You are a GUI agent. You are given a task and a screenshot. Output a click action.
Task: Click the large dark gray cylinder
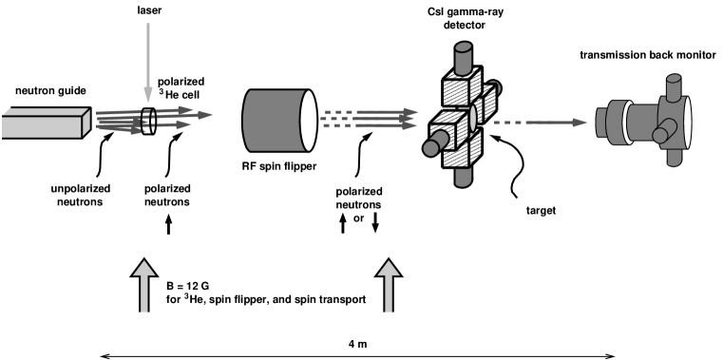[x=273, y=121]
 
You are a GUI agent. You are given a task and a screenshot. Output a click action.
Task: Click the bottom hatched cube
[x=463, y=152]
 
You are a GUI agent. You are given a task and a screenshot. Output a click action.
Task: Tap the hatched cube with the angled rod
[x=447, y=130]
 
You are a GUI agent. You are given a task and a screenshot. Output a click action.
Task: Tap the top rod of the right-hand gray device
[x=674, y=86]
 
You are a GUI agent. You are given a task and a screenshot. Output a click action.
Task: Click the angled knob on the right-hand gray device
[x=661, y=134]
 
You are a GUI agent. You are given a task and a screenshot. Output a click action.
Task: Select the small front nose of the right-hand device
[x=604, y=121]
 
